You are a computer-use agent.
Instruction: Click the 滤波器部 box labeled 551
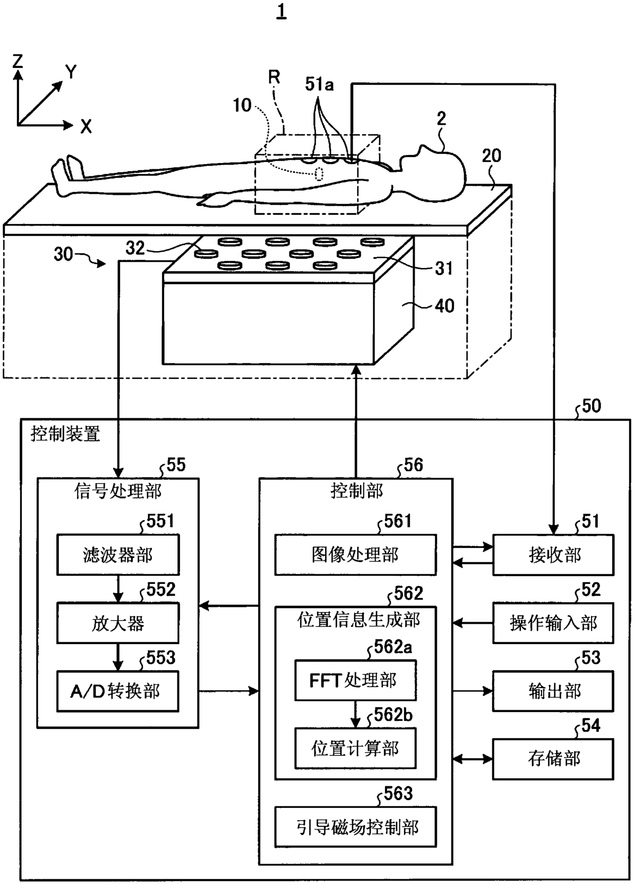coord(118,555)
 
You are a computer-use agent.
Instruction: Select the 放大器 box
coord(118,623)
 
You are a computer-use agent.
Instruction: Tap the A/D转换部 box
coord(118,691)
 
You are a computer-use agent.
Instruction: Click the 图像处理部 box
coord(356,555)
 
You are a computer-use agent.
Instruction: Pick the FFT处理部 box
coord(355,680)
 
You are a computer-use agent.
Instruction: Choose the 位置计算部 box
coord(355,748)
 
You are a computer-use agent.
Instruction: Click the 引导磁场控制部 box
coord(356,827)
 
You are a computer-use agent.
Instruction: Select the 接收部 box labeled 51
coord(553,555)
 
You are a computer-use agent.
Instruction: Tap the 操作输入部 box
coord(553,623)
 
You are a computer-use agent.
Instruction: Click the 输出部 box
coord(553,691)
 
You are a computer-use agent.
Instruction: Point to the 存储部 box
coord(553,759)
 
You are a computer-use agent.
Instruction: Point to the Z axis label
coord(18,62)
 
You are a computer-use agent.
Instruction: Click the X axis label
coord(86,126)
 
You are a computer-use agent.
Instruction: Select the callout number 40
coord(444,306)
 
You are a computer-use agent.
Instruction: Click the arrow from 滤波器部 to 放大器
coord(118,589)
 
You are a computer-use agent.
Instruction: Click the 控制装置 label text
coord(65,434)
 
